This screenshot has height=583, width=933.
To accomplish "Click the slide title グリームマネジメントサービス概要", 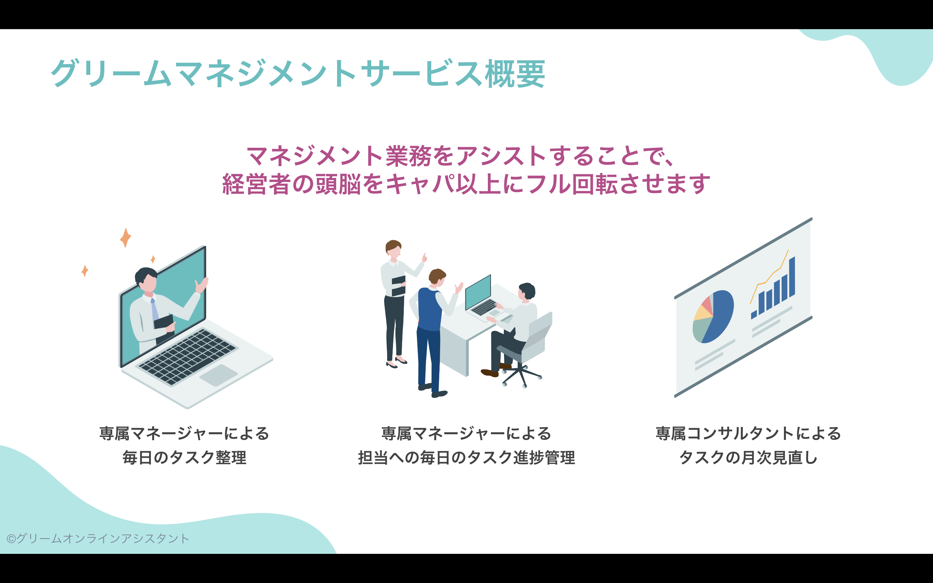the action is [x=298, y=73].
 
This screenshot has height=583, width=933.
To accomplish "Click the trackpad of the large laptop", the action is [x=218, y=375].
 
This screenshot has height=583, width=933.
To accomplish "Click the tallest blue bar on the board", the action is [x=792, y=277].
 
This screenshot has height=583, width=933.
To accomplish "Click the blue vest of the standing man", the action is [x=430, y=309].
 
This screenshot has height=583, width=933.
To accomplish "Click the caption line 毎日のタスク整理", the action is [x=184, y=458].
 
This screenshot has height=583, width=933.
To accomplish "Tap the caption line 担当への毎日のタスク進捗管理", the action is [x=466, y=458].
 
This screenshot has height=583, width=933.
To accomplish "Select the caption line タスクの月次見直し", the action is [x=748, y=458].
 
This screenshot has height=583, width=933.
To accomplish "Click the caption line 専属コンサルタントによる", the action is [x=748, y=433].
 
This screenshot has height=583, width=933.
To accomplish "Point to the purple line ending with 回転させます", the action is [x=466, y=184].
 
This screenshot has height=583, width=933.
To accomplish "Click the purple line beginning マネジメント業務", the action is [x=461, y=156].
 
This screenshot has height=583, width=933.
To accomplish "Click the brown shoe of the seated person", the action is [x=490, y=373].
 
